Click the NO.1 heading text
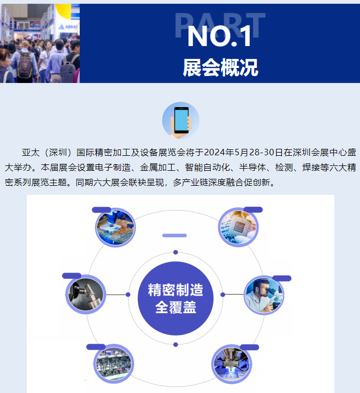[x=219, y=36]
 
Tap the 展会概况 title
[x=220, y=67]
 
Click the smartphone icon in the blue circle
[x=181, y=120]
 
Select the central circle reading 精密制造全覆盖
[x=175, y=298]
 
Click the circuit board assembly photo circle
[x=115, y=228]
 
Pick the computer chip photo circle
[x=238, y=227]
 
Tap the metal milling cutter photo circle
[x=86, y=294]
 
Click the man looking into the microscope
[x=264, y=295]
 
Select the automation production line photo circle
[x=113, y=364]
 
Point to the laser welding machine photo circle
[x=232, y=364]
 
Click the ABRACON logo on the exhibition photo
[x=68, y=27]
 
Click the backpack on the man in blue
[x=25, y=65]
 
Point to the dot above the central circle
[x=175, y=252]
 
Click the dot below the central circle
[x=175, y=345]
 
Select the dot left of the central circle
[x=128, y=294]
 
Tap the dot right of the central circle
[x=223, y=294]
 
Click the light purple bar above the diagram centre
[x=174, y=236]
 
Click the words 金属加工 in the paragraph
[x=158, y=168]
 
